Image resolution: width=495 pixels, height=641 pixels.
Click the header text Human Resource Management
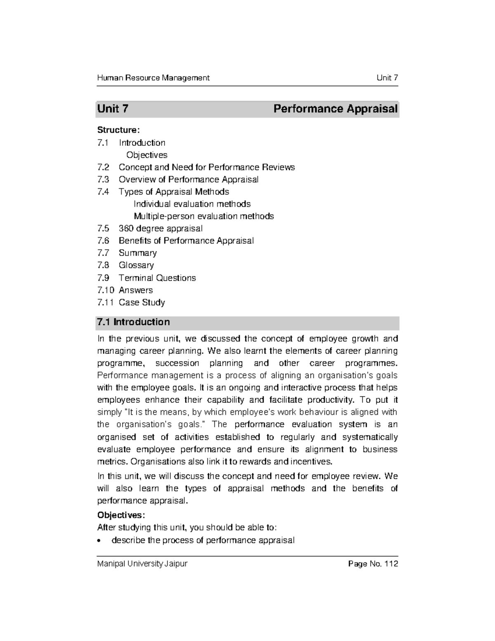(x=153, y=78)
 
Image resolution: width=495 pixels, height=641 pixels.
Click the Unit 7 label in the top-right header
(x=387, y=78)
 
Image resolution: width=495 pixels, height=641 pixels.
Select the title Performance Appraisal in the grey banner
(x=335, y=109)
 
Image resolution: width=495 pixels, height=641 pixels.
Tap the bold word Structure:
(x=118, y=130)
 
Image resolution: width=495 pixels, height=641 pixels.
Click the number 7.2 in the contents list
(x=103, y=167)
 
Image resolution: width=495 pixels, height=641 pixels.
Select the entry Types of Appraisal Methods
(x=174, y=192)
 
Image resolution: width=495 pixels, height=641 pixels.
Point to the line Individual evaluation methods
(x=192, y=204)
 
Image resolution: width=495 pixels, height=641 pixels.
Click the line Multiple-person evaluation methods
(x=204, y=216)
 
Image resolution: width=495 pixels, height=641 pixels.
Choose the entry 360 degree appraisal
(x=160, y=228)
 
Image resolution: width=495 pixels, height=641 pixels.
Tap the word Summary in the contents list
(x=138, y=253)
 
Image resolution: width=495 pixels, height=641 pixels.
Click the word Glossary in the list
(x=136, y=265)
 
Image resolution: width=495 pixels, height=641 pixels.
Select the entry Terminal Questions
(x=157, y=278)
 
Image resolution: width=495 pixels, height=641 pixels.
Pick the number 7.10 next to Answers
(x=105, y=290)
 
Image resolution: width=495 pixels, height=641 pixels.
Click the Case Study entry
(x=142, y=302)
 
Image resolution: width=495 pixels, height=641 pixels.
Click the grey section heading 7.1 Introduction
(x=133, y=322)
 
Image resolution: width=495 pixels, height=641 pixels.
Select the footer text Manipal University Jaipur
(x=142, y=564)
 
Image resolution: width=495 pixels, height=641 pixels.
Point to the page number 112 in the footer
(x=391, y=564)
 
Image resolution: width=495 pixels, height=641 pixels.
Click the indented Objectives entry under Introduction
(x=147, y=155)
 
